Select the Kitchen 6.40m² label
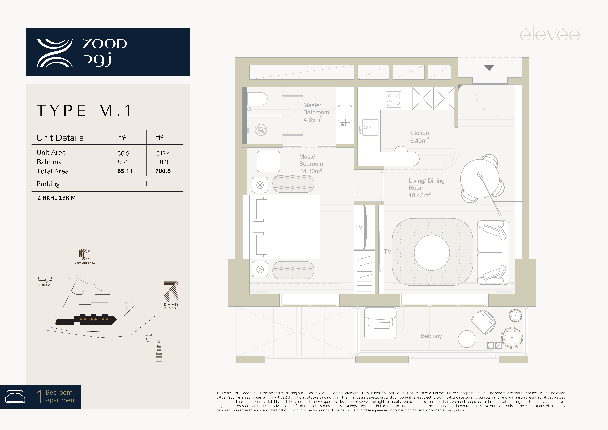point(419,137)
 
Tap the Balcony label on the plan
point(431,336)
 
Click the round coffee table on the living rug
point(432,253)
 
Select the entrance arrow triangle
point(489,68)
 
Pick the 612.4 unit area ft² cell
point(163,153)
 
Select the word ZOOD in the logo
point(105,44)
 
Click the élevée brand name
point(550,35)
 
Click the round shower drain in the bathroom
point(261,130)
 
